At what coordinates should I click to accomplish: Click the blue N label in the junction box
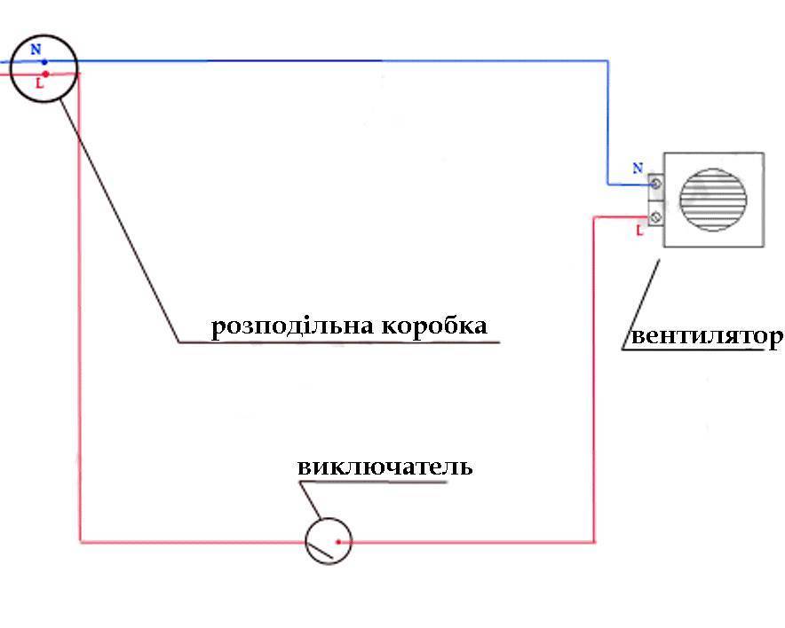click(x=36, y=49)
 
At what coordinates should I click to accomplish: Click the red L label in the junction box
click(x=40, y=83)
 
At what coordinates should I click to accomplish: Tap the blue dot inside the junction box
click(x=44, y=62)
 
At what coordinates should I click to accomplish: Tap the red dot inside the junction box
click(x=45, y=74)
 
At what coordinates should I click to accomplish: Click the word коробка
click(x=434, y=326)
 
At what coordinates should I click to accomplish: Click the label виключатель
click(x=385, y=467)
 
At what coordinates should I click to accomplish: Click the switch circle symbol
click(x=329, y=541)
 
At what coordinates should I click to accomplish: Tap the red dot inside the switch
click(x=338, y=541)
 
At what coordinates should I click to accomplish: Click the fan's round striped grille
click(x=713, y=200)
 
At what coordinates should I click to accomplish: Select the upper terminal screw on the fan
click(x=656, y=184)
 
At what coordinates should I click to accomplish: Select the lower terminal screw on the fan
click(x=656, y=217)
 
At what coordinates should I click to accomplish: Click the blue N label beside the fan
click(x=638, y=168)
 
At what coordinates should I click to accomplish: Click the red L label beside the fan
click(x=638, y=231)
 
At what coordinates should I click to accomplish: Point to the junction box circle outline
click(x=44, y=68)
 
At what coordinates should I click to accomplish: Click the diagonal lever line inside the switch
click(x=320, y=551)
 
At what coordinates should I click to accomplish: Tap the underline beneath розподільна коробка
click(x=339, y=342)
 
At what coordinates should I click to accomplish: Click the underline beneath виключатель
click(x=373, y=482)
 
